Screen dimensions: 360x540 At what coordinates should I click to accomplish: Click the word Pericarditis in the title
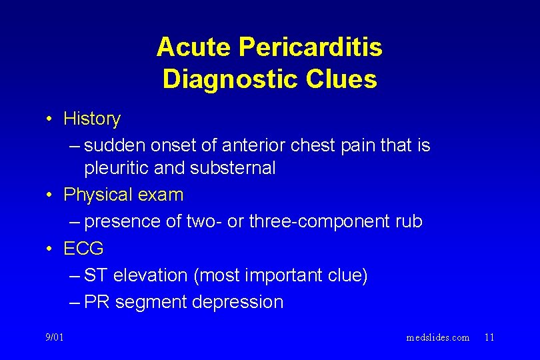pyautogui.click(x=310, y=47)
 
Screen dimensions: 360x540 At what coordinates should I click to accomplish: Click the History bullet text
pyautogui.click(x=92, y=119)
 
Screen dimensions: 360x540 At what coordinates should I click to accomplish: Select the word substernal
pyautogui.click(x=232, y=168)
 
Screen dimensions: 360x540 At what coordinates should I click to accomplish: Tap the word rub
pyautogui.click(x=407, y=221)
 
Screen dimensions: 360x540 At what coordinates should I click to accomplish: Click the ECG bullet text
pyautogui.click(x=83, y=249)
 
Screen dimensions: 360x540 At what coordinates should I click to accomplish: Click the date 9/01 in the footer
pyautogui.click(x=55, y=337)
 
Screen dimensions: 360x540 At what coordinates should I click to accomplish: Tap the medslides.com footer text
pyautogui.click(x=437, y=337)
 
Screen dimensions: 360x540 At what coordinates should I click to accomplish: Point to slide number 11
pyautogui.click(x=489, y=337)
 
